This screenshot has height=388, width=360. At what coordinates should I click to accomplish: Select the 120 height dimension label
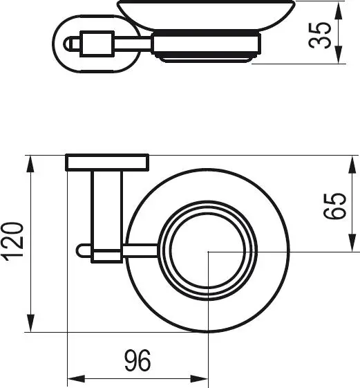pos(15,244)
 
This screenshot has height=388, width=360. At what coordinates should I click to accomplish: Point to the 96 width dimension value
pos(137,361)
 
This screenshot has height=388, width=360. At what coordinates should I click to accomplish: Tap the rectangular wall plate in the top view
pos(107,163)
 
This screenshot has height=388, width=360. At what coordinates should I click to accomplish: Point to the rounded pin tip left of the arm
pos(82,250)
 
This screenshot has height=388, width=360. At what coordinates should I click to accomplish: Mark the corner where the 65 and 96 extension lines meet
pos(208,252)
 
